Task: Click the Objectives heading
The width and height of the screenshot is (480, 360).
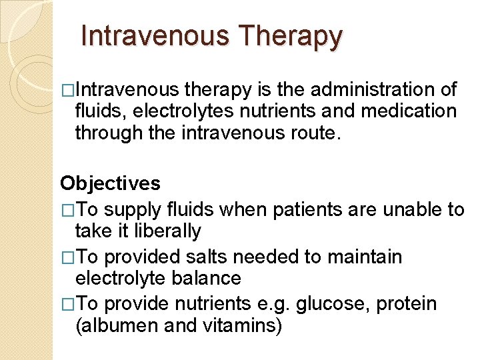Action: coord(110,183)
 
